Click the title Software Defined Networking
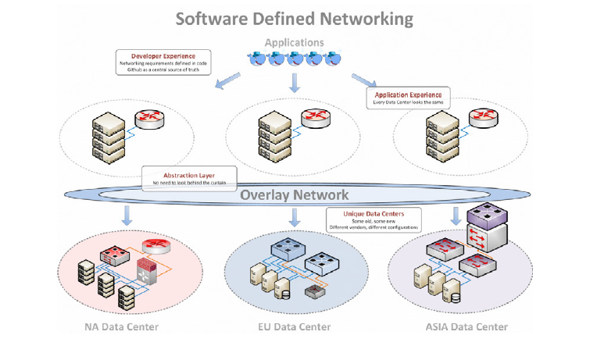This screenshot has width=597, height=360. (x=294, y=17)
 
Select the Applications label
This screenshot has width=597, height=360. (x=294, y=42)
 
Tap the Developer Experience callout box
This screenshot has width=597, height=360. (x=164, y=62)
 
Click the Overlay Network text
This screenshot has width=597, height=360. (x=294, y=195)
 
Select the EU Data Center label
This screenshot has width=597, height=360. (x=293, y=326)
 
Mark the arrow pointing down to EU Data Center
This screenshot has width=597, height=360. (x=295, y=216)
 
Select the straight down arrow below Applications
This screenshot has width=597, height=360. (x=295, y=82)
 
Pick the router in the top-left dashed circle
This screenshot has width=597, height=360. (x=148, y=119)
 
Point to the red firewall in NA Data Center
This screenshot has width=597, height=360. (x=146, y=273)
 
